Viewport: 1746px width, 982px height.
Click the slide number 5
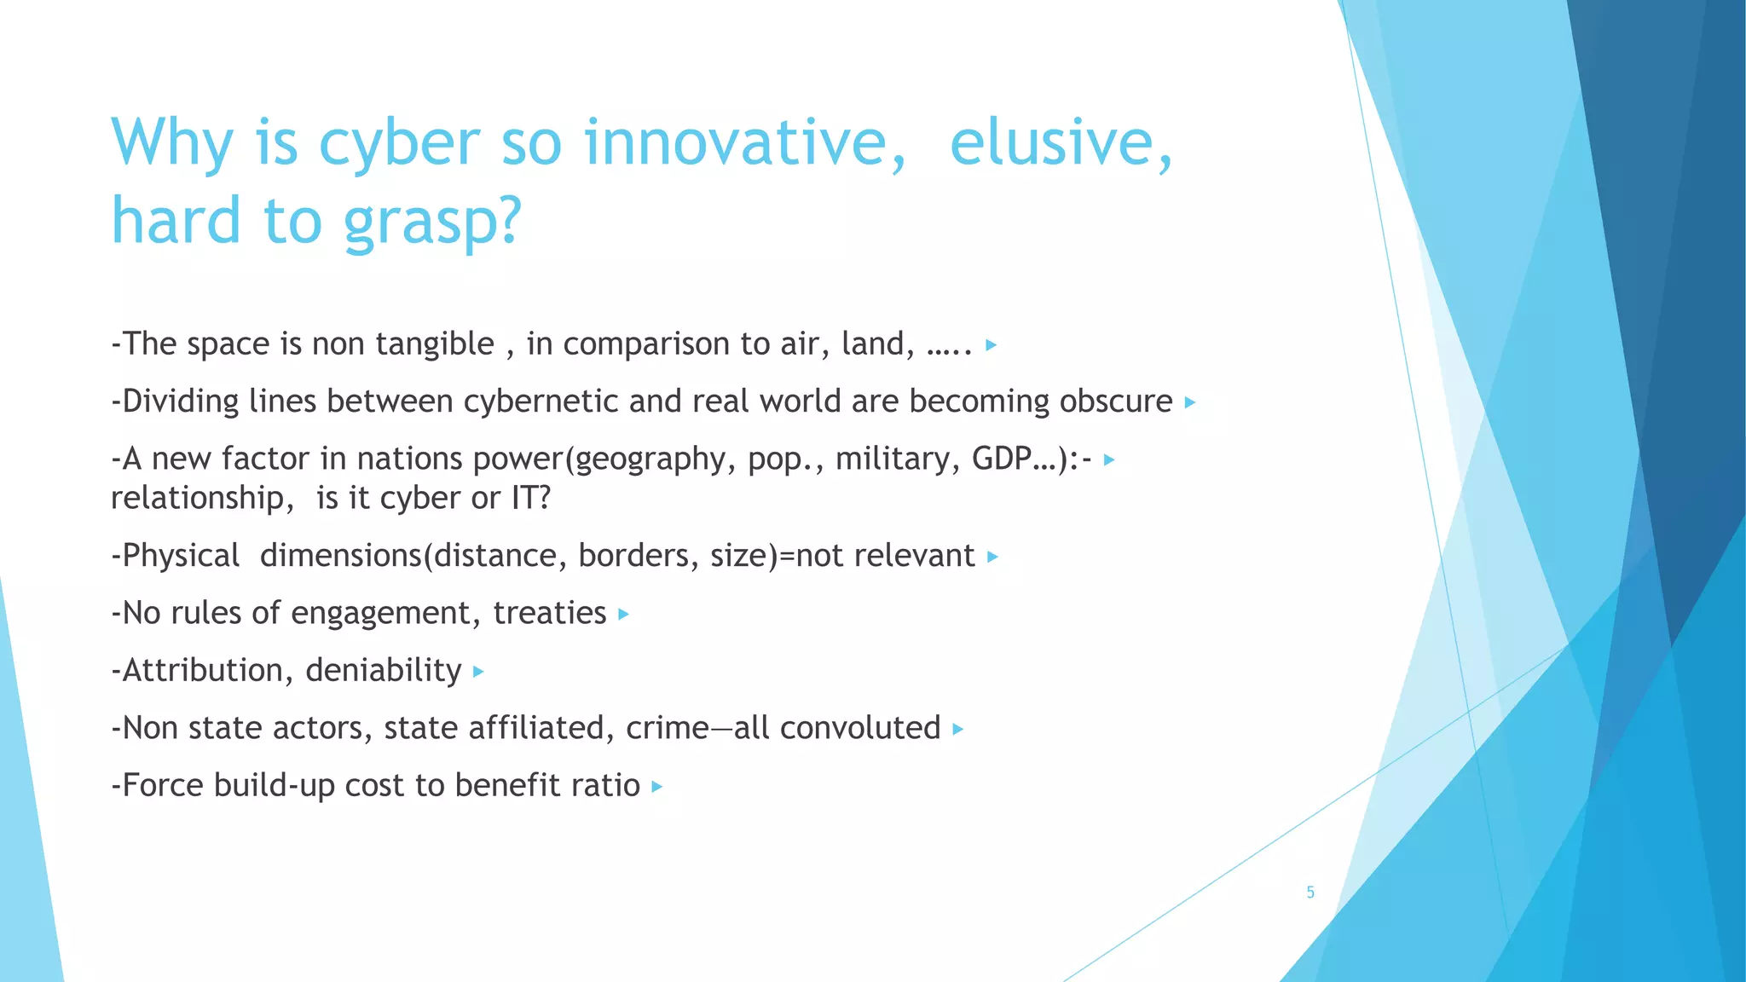click(1310, 892)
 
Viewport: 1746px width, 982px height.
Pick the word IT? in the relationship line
click(530, 498)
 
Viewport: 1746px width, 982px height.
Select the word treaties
click(549, 613)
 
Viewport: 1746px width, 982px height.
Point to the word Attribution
click(201, 671)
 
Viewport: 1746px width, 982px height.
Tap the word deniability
click(383, 671)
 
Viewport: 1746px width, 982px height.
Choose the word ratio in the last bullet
click(605, 785)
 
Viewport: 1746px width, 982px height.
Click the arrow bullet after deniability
click(478, 673)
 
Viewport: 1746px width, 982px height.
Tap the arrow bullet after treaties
click(623, 615)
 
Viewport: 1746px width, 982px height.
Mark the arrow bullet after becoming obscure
click(1190, 402)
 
